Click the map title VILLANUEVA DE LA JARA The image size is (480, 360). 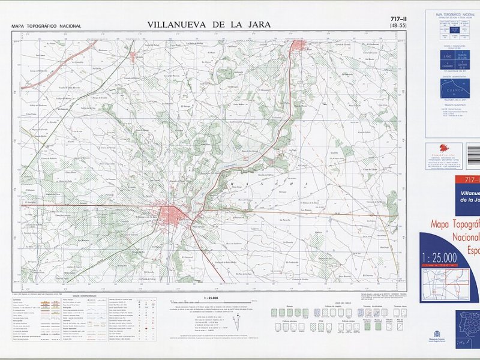pos(208,25)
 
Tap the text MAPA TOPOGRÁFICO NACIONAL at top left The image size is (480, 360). pos(46,26)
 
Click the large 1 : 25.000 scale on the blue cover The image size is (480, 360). pos(440,257)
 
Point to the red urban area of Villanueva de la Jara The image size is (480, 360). pos(178,215)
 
